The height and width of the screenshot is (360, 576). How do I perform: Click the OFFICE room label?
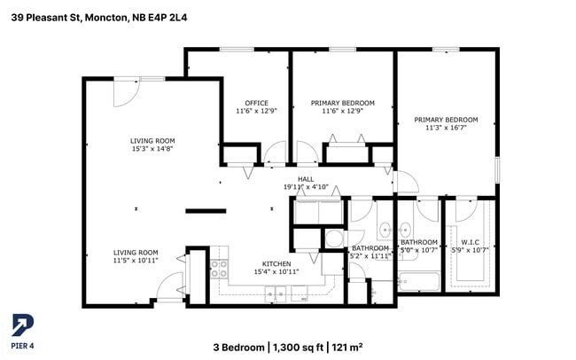[x=257, y=103]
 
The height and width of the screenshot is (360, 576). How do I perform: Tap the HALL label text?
[x=306, y=179]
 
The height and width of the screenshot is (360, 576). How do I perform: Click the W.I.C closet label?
[x=470, y=241]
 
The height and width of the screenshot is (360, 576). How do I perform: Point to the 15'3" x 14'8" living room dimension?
[x=152, y=149]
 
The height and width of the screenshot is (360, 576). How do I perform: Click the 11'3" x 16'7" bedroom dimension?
[x=446, y=128]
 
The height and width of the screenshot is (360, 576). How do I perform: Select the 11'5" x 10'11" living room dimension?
[x=135, y=260]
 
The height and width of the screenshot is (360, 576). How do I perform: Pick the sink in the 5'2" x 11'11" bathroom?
[x=385, y=231]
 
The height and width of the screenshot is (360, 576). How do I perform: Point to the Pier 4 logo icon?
[x=20, y=325]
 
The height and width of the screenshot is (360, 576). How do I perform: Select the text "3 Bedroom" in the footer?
[x=238, y=346]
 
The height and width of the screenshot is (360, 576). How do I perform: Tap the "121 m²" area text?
[x=347, y=346]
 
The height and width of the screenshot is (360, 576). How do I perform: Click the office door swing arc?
[x=275, y=153]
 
